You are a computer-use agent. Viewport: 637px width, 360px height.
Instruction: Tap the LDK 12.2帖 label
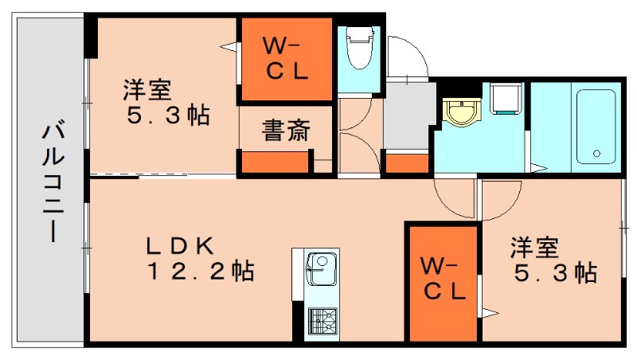(199, 258)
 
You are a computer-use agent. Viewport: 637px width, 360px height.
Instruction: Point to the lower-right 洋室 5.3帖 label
(553, 260)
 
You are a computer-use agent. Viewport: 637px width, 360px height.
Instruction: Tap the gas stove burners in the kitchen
(322, 322)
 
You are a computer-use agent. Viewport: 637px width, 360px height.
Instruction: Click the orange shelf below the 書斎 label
(275, 162)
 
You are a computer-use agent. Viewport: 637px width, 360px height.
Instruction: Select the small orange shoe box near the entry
(407, 163)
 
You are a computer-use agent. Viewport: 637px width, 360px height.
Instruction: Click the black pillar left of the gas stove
(298, 323)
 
